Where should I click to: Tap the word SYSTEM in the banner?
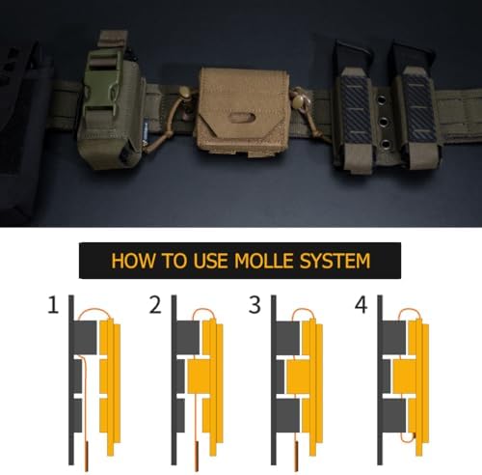point(335,261)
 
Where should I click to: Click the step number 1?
point(53,305)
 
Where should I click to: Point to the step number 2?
point(155,305)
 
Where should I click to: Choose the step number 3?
point(254,305)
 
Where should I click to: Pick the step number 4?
point(361,305)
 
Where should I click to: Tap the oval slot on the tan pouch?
point(243,117)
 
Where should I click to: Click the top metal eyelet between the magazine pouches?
point(384,98)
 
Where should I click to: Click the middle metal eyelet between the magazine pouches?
point(384,122)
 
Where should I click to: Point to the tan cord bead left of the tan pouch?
point(184,92)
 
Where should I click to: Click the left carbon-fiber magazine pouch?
point(355,109)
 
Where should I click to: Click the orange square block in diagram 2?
point(199,377)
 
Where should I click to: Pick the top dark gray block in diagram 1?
point(85,338)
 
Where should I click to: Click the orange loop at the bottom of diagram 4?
point(408,437)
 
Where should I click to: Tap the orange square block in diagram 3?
point(298,377)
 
